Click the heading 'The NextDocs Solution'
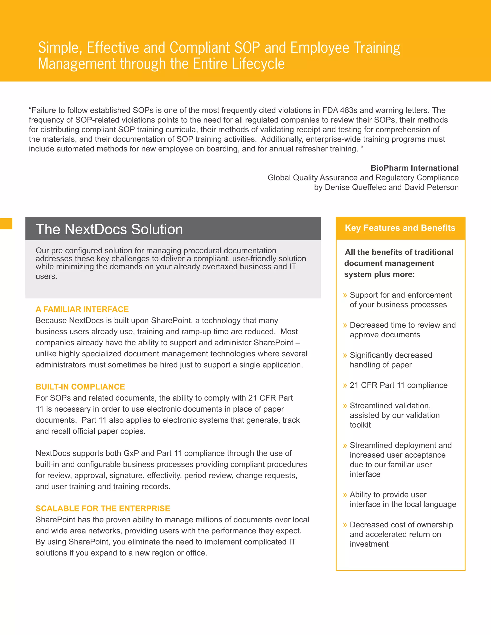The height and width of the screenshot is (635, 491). coord(109,229)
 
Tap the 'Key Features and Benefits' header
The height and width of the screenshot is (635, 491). coord(400,228)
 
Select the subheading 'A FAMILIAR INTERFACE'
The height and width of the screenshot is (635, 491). coord(82,309)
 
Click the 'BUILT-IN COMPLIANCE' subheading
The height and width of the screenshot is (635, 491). coord(80,387)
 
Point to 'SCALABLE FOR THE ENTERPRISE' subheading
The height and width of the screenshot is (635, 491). coord(103,508)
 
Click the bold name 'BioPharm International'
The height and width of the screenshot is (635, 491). coord(415,168)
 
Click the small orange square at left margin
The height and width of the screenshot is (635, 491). coord(6,224)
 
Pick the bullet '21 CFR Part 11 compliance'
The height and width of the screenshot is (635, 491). coord(398,385)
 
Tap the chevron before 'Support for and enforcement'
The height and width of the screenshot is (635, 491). coord(345,295)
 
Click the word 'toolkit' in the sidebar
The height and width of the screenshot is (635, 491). coord(360,425)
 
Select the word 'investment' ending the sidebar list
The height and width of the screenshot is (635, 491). coord(369,544)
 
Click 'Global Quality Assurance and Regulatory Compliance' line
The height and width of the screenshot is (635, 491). coord(363,178)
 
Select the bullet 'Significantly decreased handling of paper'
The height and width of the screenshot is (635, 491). coord(391,360)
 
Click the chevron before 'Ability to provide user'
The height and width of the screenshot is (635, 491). coord(345,495)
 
